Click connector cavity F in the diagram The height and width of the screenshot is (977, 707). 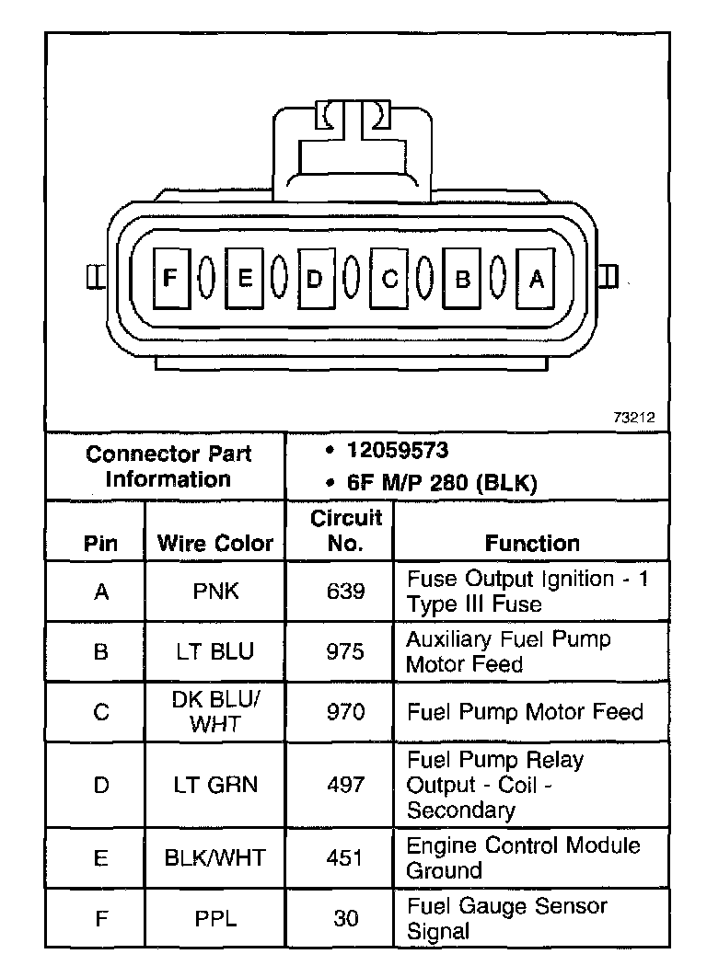(x=169, y=278)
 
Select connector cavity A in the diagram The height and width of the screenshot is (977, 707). (x=537, y=278)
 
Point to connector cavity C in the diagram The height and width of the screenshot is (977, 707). (x=389, y=278)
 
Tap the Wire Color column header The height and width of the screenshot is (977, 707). (x=215, y=543)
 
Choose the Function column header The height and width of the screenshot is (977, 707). (x=532, y=543)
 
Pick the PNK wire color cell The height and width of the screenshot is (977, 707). (x=215, y=591)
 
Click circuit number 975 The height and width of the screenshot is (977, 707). (x=345, y=651)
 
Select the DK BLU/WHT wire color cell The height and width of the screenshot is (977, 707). (x=215, y=711)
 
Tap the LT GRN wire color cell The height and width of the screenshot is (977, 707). (x=215, y=785)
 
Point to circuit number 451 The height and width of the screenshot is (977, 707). (x=345, y=857)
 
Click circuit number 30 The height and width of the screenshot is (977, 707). (x=345, y=918)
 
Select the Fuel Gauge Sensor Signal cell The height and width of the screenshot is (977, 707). (x=506, y=918)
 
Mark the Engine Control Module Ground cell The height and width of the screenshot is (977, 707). (x=523, y=857)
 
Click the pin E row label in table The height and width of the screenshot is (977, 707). (x=101, y=857)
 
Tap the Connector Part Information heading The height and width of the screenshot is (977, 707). (x=168, y=466)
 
